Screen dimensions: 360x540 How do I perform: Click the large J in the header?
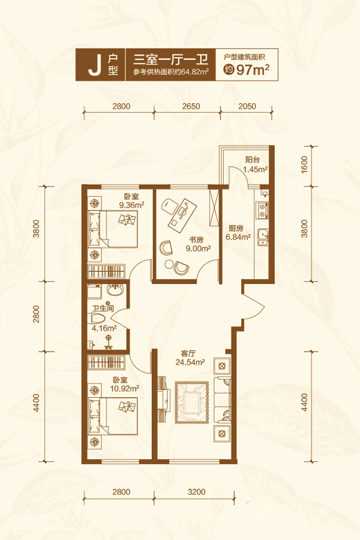point(94,65)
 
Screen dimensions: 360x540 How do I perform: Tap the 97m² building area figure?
point(253,70)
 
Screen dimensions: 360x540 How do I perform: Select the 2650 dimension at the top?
point(191,106)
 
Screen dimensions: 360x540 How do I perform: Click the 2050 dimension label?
point(247,106)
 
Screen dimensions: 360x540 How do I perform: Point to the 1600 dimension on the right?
point(304,164)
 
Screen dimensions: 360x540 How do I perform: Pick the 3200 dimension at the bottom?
point(196,491)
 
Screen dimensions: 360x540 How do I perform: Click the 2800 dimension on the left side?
point(36,314)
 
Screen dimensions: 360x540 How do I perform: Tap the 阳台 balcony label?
point(253,160)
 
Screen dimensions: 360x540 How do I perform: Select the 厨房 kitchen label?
point(236,229)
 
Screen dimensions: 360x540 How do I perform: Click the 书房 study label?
point(196,240)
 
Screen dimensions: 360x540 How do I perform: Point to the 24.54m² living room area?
point(190,362)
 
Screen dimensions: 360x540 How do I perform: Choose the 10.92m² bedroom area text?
point(125,388)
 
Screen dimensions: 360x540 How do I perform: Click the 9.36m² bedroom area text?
point(131,205)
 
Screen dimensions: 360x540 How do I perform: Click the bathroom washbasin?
point(116,290)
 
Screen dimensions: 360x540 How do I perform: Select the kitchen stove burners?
point(262,210)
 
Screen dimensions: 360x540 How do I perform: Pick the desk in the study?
point(182,213)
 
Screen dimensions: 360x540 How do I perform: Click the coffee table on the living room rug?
point(191,402)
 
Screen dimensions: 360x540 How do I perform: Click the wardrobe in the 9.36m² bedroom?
point(106,271)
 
